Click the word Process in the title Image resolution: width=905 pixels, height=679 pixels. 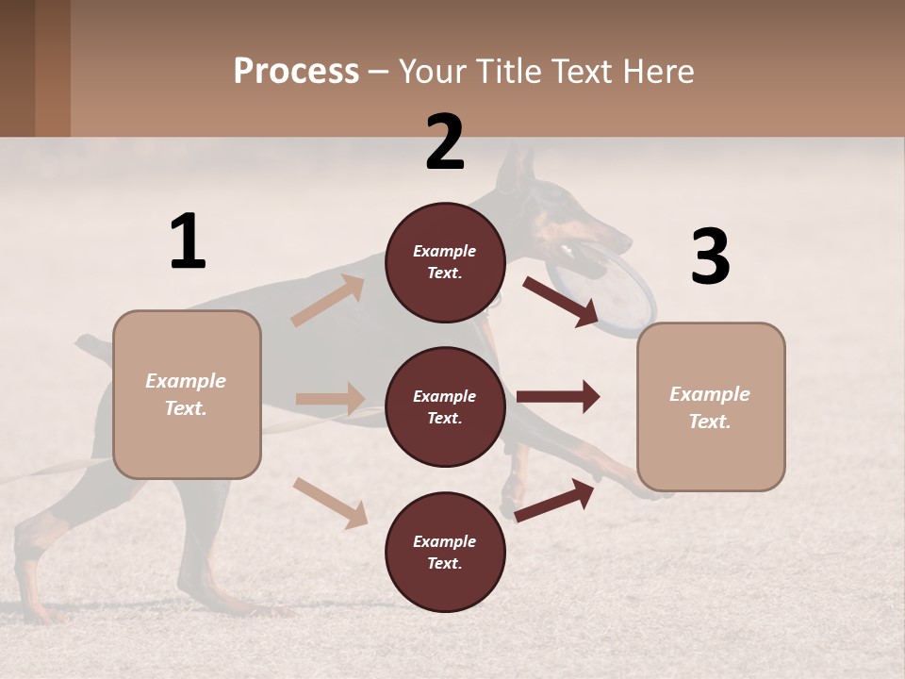[x=296, y=72]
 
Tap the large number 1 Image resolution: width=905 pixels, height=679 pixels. [x=188, y=241]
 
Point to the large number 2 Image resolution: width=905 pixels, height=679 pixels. [x=445, y=142]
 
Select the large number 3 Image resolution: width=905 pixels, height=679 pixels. [x=710, y=257]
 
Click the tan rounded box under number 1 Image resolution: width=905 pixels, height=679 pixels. [x=187, y=394]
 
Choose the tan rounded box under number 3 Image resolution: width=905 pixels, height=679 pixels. [x=711, y=407]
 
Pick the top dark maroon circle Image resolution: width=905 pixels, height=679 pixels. [x=445, y=262]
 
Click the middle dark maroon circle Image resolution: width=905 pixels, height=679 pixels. [x=445, y=407]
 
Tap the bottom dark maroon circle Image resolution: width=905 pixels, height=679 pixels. [x=445, y=553]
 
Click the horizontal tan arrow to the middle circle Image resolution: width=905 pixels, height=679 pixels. [x=330, y=399]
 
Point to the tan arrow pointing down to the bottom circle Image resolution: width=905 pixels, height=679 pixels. [x=330, y=503]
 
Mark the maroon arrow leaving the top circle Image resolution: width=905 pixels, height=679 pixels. [x=561, y=301]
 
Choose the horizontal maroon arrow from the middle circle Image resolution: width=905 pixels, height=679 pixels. [x=558, y=397]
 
